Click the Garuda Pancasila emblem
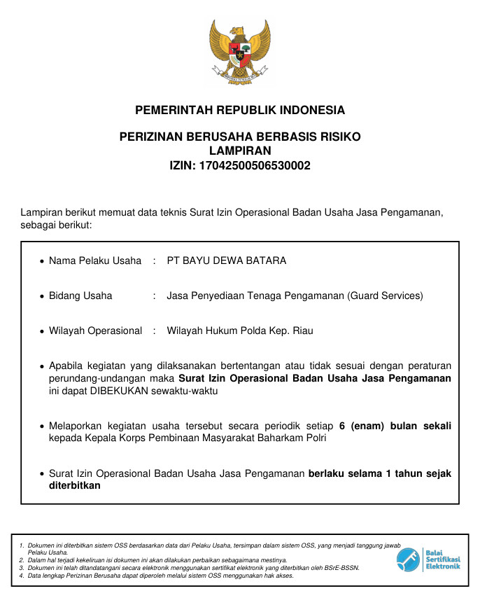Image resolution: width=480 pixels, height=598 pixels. [x=240, y=53]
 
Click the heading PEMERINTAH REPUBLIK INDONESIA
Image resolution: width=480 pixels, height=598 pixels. [x=240, y=111]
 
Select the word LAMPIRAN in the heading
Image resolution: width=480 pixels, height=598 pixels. [x=240, y=151]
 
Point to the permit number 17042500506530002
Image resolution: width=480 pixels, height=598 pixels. [x=255, y=166]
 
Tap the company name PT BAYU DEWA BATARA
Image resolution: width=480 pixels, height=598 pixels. [x=226, y=261]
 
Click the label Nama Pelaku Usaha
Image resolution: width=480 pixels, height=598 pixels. [x=95, y=261]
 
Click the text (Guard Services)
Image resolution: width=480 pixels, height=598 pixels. [x=385, y=295]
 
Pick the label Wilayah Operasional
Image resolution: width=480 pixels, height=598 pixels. [x=95, y=331]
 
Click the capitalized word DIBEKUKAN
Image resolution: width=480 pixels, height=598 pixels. [x=120, y=391]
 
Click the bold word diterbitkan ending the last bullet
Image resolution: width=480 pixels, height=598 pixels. [x=75, y=485]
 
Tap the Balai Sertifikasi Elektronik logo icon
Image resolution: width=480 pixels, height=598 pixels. [x=409, y=559]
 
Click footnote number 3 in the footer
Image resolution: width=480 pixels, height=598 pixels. [x=22, y=568]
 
